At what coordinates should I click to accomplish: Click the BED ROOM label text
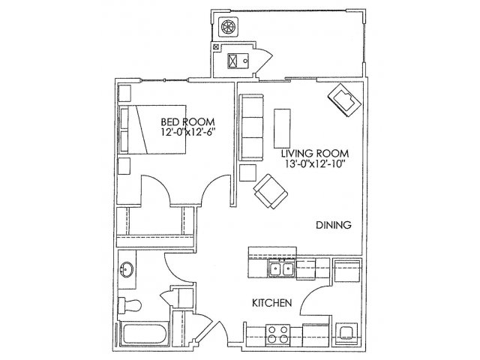[187, 121]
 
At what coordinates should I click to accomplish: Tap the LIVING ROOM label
[315, 153]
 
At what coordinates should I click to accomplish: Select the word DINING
[333, 225]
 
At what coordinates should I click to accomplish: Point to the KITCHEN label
[271, 303]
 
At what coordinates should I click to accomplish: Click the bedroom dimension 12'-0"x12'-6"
[188, 132]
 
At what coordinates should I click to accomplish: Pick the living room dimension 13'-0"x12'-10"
[315, 163]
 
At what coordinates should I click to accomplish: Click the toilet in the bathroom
[130, 305]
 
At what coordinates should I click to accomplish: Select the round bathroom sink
[127, 270]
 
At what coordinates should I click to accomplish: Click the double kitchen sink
[282, 268]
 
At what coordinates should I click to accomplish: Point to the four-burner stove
[278, 334]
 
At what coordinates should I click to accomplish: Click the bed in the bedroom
[152, 130]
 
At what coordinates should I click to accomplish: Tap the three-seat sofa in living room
[251, 127]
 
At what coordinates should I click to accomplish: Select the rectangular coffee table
[282, 128]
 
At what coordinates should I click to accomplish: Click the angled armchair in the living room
[271, 192]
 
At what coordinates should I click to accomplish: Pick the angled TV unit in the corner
[343, 100]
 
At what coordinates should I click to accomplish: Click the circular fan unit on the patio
[228, 27]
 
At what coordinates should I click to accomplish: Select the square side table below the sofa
[247, 173]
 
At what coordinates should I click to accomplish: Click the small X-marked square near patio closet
[216, 47]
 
